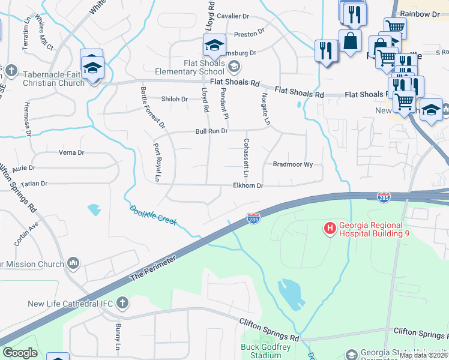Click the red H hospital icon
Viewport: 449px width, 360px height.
(x=330, y=228)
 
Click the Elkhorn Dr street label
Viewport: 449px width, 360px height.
(x=248, y=186)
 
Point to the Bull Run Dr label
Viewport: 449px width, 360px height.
(x=211, y=131)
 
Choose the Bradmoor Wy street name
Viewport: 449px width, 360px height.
(x=293, y=164)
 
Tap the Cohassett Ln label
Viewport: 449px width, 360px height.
(x=246, y=154)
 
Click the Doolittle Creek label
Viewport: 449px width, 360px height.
(x=153, y=215)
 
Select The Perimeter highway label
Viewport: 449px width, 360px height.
(x=154, y=268)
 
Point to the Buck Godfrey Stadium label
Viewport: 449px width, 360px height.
(x=261, y=351)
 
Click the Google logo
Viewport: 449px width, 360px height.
(x=20, y=353)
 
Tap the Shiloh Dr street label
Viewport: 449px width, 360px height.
(x=175, y=99)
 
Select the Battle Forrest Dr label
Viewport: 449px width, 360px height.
(x=152, y=107)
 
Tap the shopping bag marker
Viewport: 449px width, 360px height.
(x=350, y=41)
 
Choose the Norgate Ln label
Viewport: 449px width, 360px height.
(x=265, y=109)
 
